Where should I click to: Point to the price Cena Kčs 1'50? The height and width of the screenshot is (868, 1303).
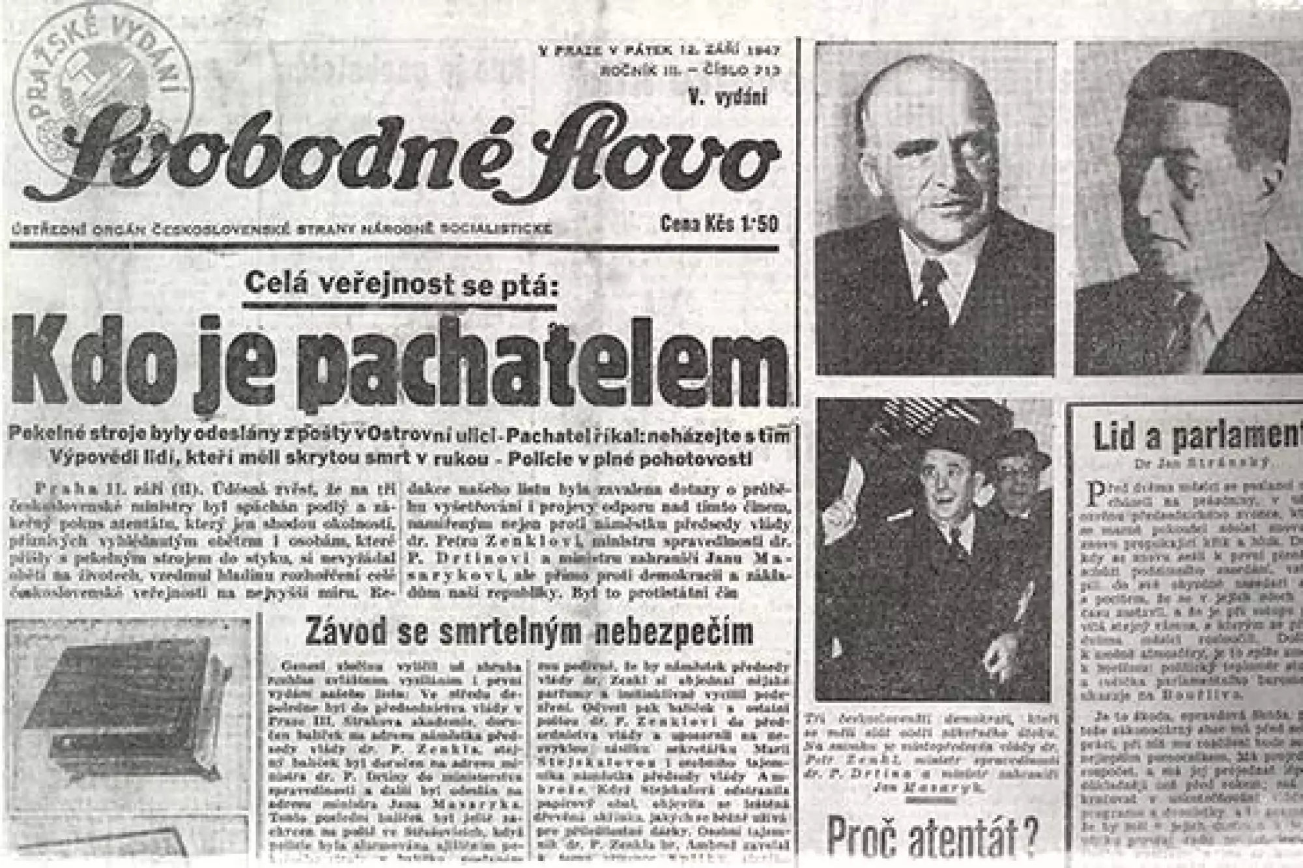[x=719, y=224]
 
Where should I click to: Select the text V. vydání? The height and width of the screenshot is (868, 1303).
[x=727, y=97]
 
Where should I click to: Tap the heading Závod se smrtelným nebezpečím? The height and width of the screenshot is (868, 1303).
[x=530, y=631]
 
